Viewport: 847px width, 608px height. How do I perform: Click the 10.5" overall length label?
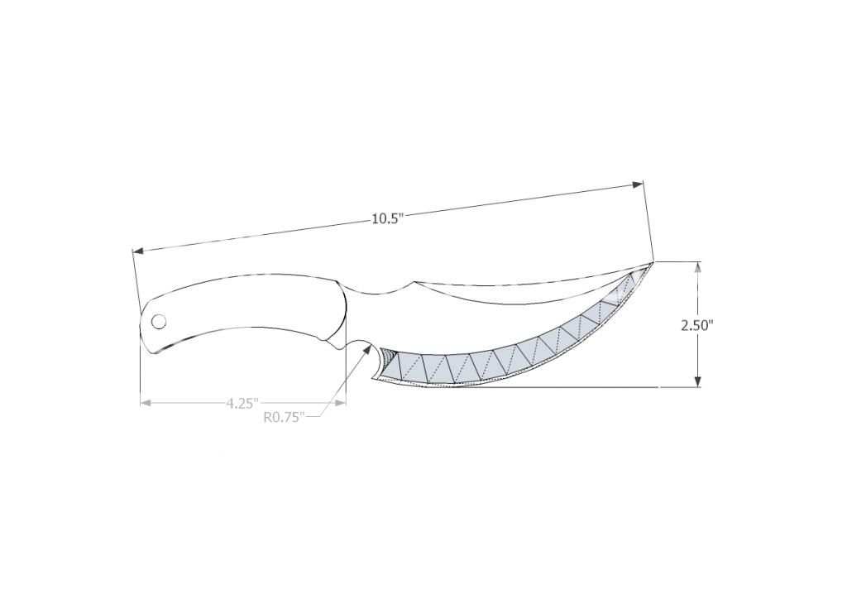point(386,218)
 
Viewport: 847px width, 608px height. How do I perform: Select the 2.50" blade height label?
point(696,325)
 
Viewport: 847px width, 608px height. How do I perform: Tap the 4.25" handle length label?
point(242,403)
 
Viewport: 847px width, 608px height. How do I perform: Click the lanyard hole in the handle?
point(158,321)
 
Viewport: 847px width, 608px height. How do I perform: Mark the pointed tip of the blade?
point(653,261)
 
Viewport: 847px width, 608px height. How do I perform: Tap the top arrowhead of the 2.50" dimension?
point(698,267)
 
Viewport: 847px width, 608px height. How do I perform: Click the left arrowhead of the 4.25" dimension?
point(146,403)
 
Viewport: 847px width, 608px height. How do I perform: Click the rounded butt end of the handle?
point(144,327)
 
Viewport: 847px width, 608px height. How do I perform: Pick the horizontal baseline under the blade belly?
point(579,386)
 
